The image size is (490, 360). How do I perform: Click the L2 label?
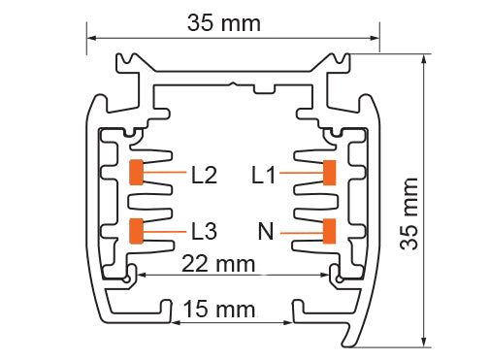[x=205, y=176]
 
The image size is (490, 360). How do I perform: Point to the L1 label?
[x=264, y=176]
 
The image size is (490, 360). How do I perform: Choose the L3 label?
[x=205, y=231]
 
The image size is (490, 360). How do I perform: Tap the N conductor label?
[x=265, y=231]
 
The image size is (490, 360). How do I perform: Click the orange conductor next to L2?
[x=136, y=173]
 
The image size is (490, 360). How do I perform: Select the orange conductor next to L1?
[x=330, y=173]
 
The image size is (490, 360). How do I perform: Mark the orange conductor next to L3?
[x=136, y=231]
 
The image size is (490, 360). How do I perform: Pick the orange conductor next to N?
[x=330, y=231]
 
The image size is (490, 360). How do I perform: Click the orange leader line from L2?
[x=164, y=174]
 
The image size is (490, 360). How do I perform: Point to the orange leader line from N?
[x=302, y=231]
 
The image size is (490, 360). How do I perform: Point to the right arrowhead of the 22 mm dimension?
[x=330, y=275]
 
